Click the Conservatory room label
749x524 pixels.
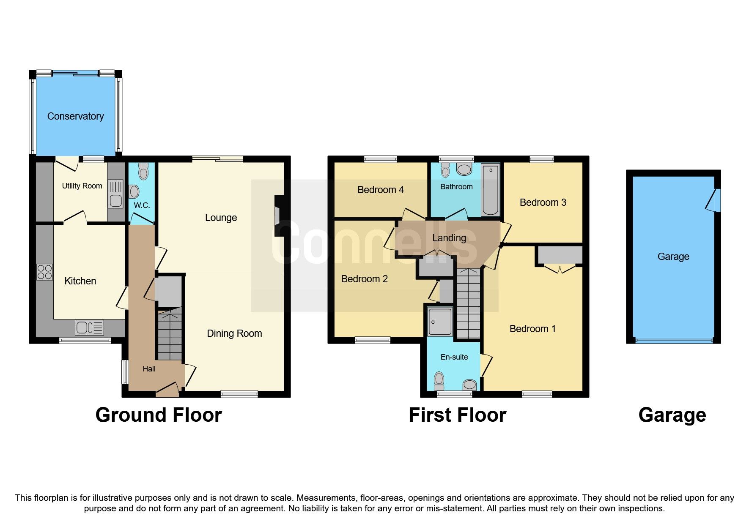75,116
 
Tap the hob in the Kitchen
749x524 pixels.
44,272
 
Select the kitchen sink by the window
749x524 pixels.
89,327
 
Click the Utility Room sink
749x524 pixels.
115,194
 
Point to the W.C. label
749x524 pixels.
142,205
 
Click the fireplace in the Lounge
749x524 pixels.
278,216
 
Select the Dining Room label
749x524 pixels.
234,333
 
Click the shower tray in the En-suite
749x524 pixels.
440,322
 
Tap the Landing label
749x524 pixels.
449,238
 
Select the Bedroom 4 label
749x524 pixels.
380,190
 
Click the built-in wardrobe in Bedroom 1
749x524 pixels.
560,255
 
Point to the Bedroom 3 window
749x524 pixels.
542,159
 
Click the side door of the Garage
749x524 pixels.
714,200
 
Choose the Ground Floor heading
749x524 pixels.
159,415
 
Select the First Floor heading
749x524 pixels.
457,415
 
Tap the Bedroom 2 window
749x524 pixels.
373,340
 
